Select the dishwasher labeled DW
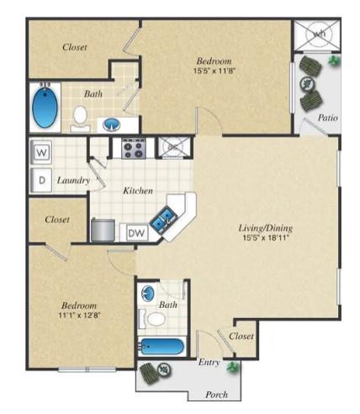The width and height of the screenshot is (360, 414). (x=136, y=232)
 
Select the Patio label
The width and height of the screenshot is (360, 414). (x=328, y=118)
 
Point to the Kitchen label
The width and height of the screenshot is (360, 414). (x=137, y=191)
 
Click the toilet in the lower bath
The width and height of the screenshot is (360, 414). (x=156, y=319)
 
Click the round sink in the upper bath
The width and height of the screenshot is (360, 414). (x=111, y=125)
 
